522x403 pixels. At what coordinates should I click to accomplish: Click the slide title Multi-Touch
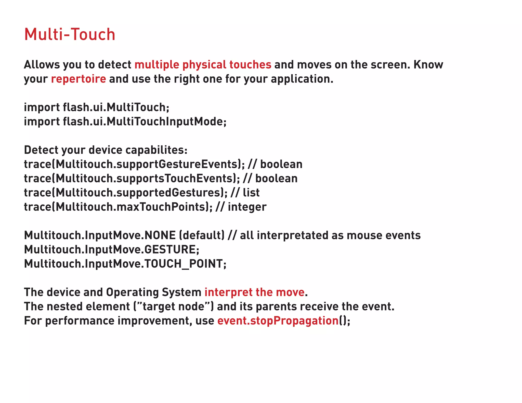coord(70,34)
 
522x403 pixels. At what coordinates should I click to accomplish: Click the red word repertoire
coord(78,79)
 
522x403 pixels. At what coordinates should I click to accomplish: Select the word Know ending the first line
coord(428,65)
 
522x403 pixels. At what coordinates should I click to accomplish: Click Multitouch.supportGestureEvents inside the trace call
coord(147,164)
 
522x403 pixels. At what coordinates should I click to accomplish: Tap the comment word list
coord(251,193)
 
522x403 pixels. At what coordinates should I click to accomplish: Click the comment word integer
coord(247,207)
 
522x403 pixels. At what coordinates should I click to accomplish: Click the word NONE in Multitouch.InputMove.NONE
coord(160,235)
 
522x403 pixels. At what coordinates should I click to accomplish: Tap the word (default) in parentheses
coord(202,235)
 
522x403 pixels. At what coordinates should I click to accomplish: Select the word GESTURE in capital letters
coord(170,250)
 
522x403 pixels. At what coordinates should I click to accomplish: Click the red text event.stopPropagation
coord(278,321)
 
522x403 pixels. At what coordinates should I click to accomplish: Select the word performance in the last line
coord(80,321)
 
